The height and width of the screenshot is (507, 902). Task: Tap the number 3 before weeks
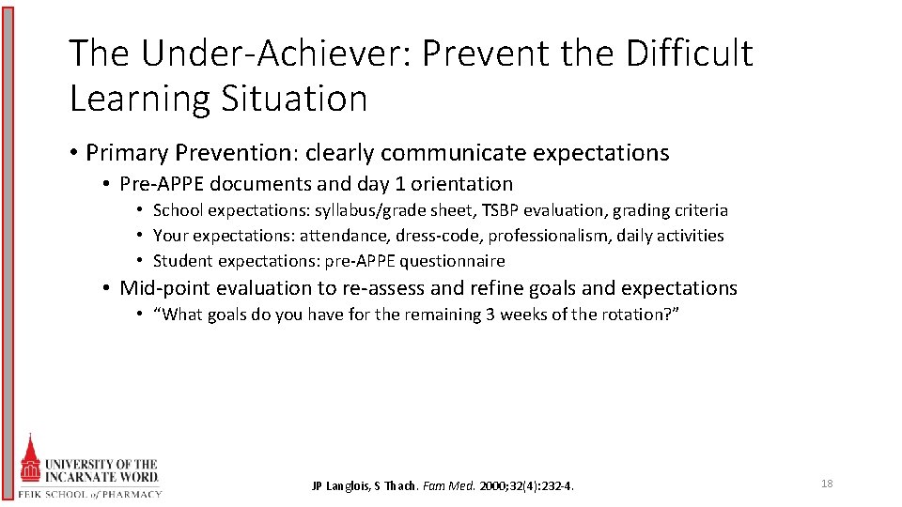point(490,315)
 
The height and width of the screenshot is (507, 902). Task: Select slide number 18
point(827,484)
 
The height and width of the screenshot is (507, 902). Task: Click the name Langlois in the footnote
point(350,486)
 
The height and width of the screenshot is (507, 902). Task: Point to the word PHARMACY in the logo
point(132,494)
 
